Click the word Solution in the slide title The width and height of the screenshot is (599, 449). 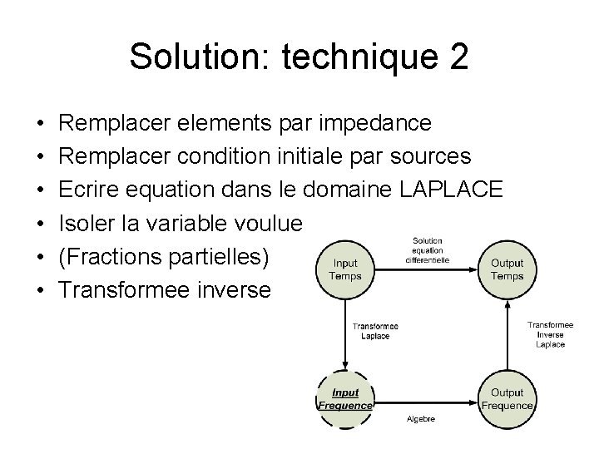coord(194,57)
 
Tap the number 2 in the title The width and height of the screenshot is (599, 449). coord(458,57)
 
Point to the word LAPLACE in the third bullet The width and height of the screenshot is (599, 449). coord(451,190)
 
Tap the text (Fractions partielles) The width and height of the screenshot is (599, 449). coord(165,256)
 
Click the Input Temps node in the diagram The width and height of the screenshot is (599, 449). coord(344,269)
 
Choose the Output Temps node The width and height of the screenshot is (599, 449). coord(507,269)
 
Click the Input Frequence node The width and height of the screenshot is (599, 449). coord(345,399)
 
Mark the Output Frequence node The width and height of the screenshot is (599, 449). coord(507,399)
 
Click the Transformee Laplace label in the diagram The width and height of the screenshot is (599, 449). coord(375,332)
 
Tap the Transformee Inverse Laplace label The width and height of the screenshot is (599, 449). coord(550,333)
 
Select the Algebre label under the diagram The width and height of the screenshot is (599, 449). coord(421,420)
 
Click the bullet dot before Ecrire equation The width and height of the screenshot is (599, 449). coord(42,190)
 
